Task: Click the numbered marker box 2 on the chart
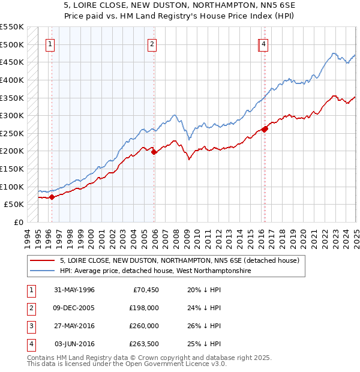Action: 152,44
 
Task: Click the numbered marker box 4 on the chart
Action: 264,44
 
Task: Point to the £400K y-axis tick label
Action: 12,80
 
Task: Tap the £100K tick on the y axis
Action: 12,187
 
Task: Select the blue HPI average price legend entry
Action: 155,271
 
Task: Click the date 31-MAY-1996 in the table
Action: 74,290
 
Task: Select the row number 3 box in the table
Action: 30,326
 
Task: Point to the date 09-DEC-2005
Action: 74,308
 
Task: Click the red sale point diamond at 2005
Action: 154,152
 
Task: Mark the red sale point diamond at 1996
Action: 52,197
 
